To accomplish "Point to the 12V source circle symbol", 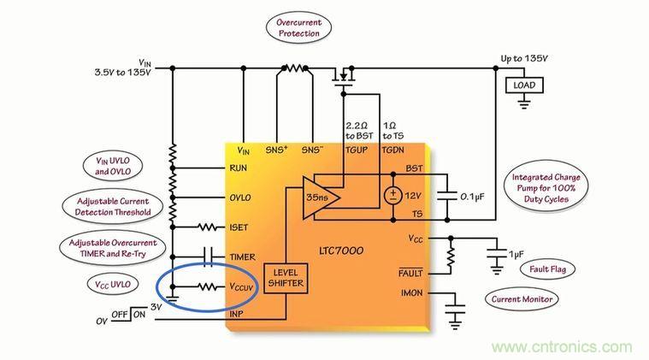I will pos(393,195).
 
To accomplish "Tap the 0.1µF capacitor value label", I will pos(477,197).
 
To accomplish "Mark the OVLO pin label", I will pos(240,198).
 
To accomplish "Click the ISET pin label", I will pos(239,227).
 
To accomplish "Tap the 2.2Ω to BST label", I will pos(358,131).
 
